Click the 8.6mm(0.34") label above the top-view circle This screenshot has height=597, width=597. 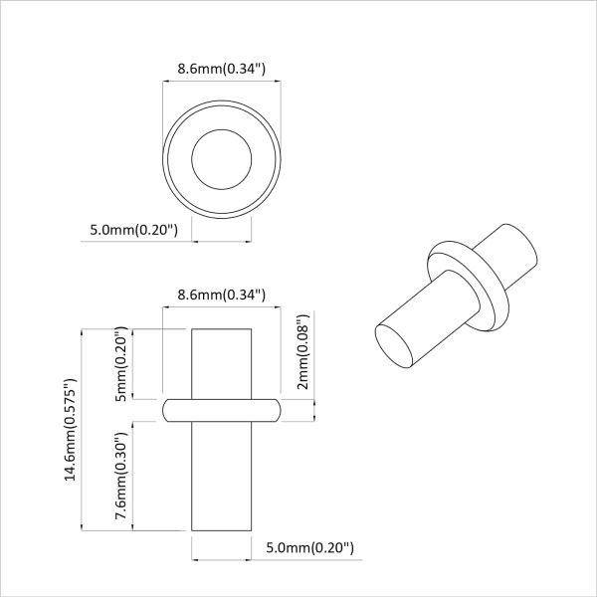coord(220,69)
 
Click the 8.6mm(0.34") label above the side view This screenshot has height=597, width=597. coord(220,295)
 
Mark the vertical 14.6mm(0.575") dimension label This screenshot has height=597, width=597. coord(71,430)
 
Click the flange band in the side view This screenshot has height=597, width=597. coord(221,409)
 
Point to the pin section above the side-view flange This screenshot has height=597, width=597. coord(221,363)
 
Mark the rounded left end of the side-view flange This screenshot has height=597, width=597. coord(167,409)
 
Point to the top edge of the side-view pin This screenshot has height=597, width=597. coord(221,328)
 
